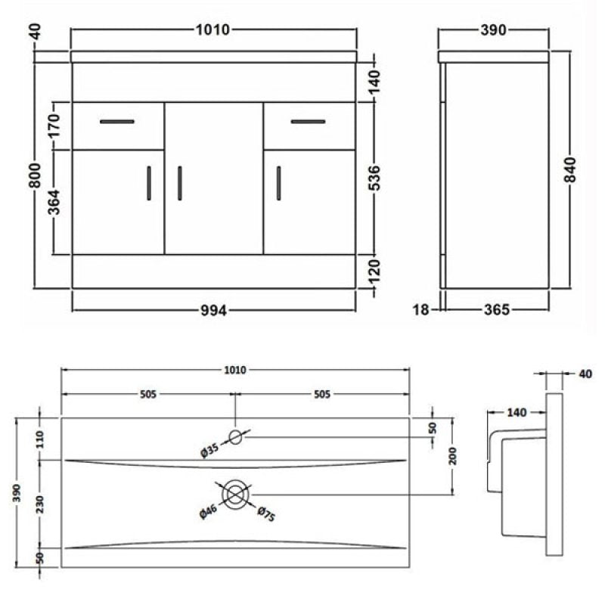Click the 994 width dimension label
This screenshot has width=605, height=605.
(x=214, y=310)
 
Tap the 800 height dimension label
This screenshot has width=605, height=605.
(x=35, y=175)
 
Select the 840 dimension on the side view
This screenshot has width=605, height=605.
(x=570, y=169)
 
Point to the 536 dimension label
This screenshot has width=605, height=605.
(x=374, y=178)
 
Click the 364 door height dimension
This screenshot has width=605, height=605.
(x=54, y=202)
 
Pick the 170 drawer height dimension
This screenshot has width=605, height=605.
(x=54, y=126)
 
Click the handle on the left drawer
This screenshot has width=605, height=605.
(x=117, y=122)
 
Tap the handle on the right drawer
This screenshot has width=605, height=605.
(x=308, y=122)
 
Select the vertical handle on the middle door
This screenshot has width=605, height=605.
(x=180, y=183)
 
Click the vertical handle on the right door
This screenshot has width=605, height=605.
(x=278, y=183)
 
